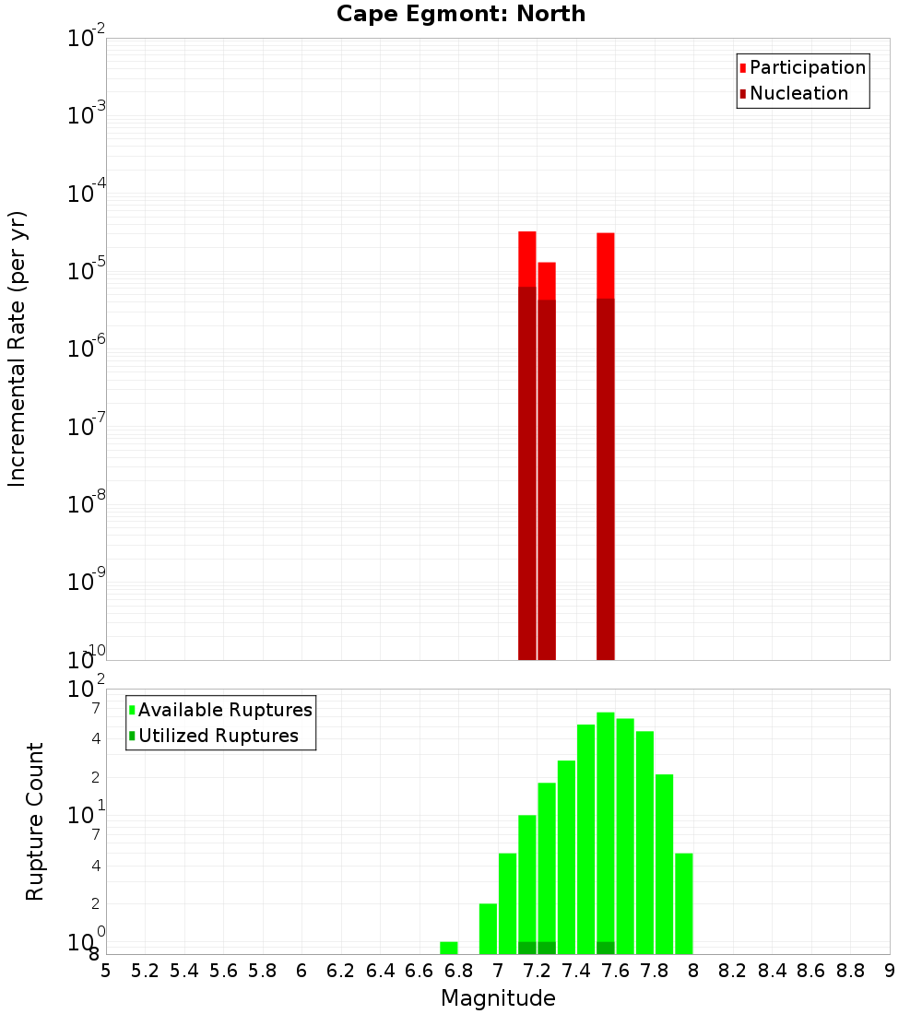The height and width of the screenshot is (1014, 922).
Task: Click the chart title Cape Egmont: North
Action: click(461, 14)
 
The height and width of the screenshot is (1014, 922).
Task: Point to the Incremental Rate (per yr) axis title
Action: click(17, 348)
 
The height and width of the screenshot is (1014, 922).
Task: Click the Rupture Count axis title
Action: click(35, 821)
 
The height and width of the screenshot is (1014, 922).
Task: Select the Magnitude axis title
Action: click(498, 998)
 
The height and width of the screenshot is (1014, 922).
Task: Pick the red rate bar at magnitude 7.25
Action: click(547, 461)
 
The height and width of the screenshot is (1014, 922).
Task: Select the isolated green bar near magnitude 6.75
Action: click(449, 948)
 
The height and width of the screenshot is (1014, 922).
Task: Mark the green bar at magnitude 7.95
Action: click(684, 903)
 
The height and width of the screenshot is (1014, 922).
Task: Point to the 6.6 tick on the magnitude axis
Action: click(420, 971)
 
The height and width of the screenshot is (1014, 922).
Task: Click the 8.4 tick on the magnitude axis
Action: click(773, 971)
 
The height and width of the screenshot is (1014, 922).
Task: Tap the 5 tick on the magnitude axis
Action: click(106, 971)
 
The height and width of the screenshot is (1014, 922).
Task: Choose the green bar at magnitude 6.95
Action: click(489, 928)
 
